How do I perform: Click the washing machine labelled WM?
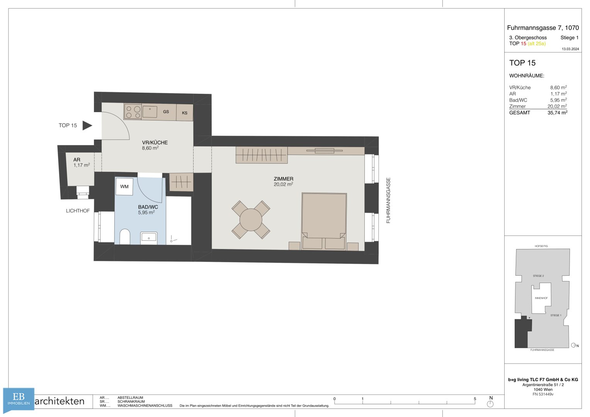tap(124, 186)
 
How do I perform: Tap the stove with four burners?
tap(133, 112)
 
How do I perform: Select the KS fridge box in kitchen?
tap(185, 113)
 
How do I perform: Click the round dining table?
tap(251, 220)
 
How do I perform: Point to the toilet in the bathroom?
tap(125, 237)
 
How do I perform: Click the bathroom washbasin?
tap(149, 238)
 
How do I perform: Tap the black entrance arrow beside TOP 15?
tap(87, 125)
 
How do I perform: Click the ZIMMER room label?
tap(284, 179)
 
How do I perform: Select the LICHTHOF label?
tap(78, 210)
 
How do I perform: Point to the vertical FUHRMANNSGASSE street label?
tap(388, 200)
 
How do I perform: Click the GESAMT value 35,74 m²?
tap(557, 113)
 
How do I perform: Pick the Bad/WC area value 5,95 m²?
tap(558, 100)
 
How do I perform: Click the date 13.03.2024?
tap(571, 49)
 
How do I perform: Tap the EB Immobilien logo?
tap(19, 399)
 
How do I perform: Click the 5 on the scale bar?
tap(475, 399)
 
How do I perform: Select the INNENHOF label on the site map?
tap(541, 298)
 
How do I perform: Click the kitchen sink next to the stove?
tap(150, 112)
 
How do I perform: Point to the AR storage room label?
tap(77, 159)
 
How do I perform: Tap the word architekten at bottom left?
tap(60, 401)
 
